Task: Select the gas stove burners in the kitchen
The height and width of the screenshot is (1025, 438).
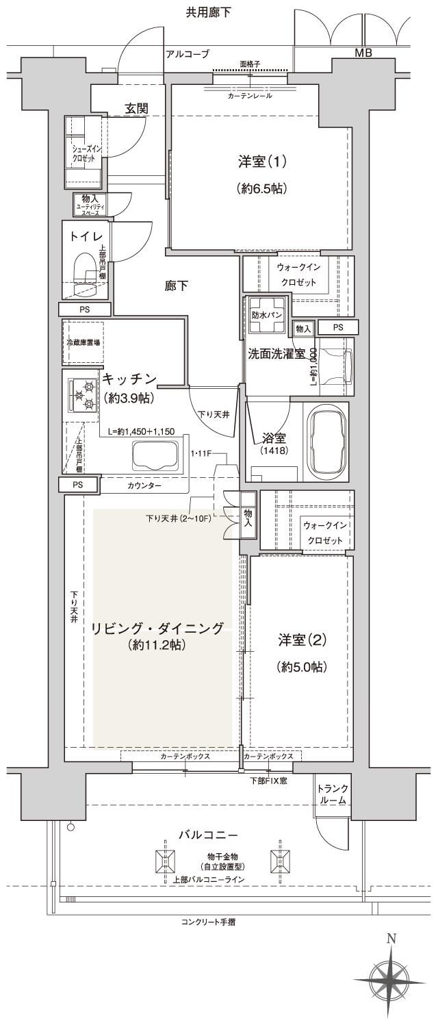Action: (x=81, y=394)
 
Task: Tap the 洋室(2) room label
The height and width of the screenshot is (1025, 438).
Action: (x=300, y=641)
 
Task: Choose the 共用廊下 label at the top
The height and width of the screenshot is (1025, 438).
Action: (x=208, y=12)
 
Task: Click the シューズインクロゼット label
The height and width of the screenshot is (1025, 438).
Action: (x=82, y=153)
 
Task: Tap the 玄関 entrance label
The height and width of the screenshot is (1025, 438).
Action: (x=138, y=107)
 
